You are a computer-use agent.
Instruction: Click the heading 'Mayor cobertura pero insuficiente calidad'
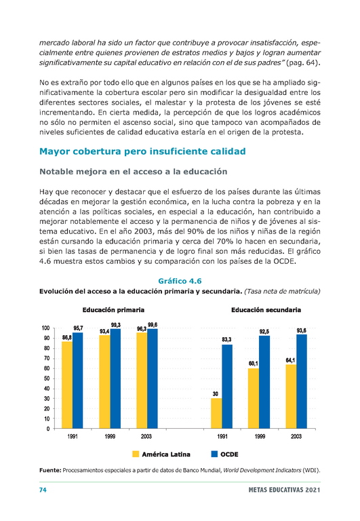(142, 151)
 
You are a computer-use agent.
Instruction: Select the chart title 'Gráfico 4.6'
(180, 281)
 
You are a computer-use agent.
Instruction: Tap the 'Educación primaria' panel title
(113, 310)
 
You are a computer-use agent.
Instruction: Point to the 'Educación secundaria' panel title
(266, 310)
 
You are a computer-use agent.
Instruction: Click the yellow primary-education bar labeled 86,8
(67, 385)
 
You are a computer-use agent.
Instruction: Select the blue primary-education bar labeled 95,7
(78, 381)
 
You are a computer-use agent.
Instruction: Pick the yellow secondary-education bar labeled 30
(216, 413)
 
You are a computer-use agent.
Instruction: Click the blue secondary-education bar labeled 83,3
(227, 387)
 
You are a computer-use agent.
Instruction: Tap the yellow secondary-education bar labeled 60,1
(254, 398)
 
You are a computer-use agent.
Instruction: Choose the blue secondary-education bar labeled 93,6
(302, 381)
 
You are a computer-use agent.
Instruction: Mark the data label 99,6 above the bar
(153, 325)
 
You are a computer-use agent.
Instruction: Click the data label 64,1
(290, 360)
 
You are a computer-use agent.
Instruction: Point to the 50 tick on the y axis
(47, 379)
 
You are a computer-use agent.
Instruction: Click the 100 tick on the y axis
(45, 328)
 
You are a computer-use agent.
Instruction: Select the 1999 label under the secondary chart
(260, 436)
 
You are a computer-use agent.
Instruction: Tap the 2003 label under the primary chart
(146, 436)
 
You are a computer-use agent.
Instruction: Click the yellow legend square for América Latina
(136, 454)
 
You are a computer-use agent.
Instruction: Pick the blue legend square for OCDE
(214, 454)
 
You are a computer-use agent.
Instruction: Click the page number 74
(43, 490)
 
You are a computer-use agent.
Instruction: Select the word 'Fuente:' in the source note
(50, 470)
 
